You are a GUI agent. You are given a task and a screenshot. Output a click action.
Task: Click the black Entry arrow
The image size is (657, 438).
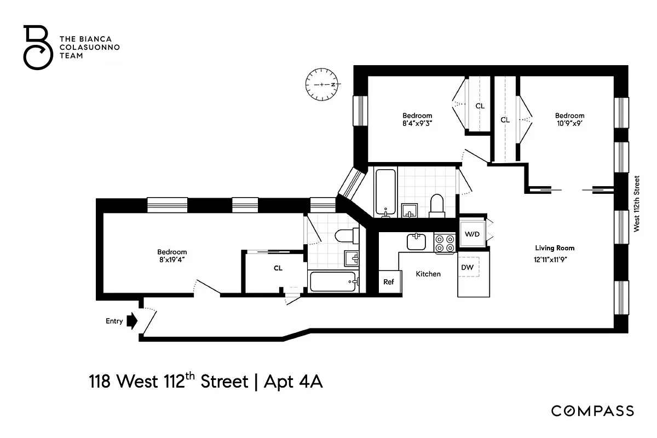click(x=131, y=321)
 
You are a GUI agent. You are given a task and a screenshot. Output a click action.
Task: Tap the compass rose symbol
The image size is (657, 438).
click(x=323, y=85)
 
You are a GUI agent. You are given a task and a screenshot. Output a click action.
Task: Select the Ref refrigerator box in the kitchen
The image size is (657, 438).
click(x=389, y=282)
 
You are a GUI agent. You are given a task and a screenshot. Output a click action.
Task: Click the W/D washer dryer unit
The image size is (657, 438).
click(x=472, y=234)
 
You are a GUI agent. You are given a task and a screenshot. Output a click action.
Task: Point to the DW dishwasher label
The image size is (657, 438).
click(x=468, y=267)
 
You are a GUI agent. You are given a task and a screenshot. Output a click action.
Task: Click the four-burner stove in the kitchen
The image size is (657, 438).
click(x=445, y=243)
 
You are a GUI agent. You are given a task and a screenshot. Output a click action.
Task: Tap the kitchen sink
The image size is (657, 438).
click(x=416, y=241)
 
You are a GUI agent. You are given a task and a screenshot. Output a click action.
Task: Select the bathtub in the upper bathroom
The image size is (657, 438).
click(x=385, y=192)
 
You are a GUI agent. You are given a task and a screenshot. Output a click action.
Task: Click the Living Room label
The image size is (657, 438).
click(x=555, y=248)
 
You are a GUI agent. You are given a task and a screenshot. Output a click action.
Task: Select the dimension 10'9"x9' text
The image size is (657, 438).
click(x=569, y=123)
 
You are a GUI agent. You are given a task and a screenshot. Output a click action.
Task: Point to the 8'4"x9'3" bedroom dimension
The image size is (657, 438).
click(x=417, y=123)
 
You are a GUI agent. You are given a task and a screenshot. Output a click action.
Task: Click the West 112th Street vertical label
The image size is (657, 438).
click(x=637, y=204)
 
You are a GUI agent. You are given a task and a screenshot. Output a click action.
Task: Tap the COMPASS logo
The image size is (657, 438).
click(x=592, y=411)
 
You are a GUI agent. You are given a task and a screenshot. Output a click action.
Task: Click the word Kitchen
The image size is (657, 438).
click(x=428, y=274)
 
